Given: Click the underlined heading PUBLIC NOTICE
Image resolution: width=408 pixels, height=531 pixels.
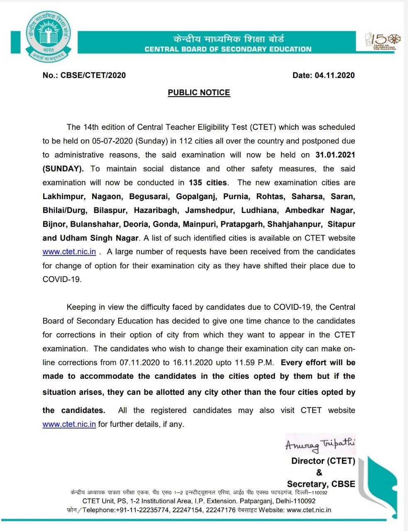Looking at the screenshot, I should [x=199, y=93].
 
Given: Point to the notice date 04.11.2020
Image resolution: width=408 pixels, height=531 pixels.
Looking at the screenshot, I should [x=335, y=75].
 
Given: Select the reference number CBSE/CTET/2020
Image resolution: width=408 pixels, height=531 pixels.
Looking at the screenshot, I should [x=93, y=75].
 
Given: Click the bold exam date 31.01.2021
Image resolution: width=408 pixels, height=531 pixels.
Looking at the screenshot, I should [x=335, y=155].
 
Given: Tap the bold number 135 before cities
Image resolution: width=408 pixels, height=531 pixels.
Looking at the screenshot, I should [x=195, y=183].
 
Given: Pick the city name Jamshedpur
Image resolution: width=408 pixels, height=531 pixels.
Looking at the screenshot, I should [x=210, y=210].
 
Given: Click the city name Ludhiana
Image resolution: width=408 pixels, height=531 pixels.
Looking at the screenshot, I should [x=260, y=210].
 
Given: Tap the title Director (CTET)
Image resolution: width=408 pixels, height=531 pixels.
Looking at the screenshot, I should [x=323, y=461].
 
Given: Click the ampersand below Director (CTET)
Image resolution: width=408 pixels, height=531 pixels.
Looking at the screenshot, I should [x=319, y=473].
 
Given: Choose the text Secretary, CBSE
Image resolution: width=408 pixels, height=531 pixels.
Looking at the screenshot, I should [x=321, y=484].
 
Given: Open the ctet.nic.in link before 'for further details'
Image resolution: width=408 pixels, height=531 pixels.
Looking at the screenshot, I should [x=69, y=424].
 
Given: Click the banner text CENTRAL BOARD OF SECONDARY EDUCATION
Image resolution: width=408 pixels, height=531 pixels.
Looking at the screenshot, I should [x=228, y=49].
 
